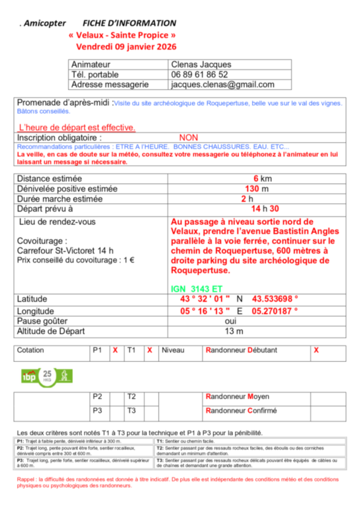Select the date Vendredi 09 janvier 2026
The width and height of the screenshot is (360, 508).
coord(126,47)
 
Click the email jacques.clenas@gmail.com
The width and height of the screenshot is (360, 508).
coord(222,85)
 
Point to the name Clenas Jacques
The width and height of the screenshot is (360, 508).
coord(201,65)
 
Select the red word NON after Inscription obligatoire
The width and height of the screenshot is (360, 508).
coord(189,138)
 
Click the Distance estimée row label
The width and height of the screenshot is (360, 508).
coord(50,179)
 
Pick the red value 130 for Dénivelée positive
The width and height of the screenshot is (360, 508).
coord(251,189)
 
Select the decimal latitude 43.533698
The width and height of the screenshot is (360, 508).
coord(276,299)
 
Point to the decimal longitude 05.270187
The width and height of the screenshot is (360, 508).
coord(276,310)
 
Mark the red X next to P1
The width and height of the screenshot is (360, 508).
coord(115,350)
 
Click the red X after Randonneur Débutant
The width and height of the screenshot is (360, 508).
coord(316,350)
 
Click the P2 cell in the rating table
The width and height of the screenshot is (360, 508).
coord(98,397)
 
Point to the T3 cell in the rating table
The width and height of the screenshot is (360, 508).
coord(132,411)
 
